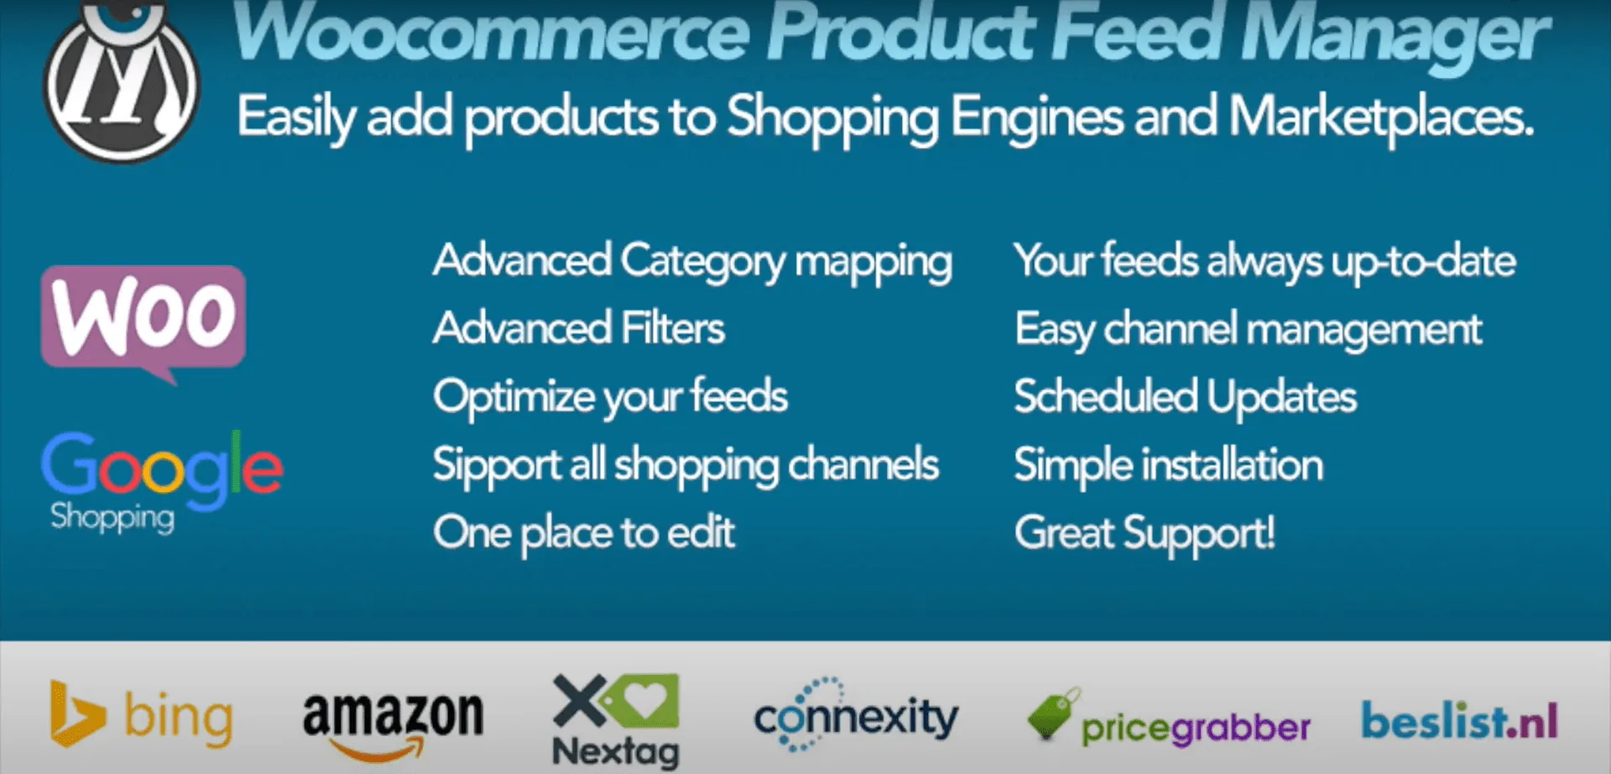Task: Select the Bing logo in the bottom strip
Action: click(x=141, y=715)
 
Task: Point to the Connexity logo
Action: click(x=856, y=715)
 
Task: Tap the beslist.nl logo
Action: click(x=1460, y=720)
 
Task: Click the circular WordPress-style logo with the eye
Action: click(x=122, y=81)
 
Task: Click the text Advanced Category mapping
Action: click(x=693, y=262)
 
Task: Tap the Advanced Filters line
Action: click(x=579, y=327)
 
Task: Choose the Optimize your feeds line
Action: click(x=611, y=398)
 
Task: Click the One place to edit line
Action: click(x=584, y=533)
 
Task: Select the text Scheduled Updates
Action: click(x=1185, y=397)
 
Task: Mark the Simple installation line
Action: click(x=1169, y=466)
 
